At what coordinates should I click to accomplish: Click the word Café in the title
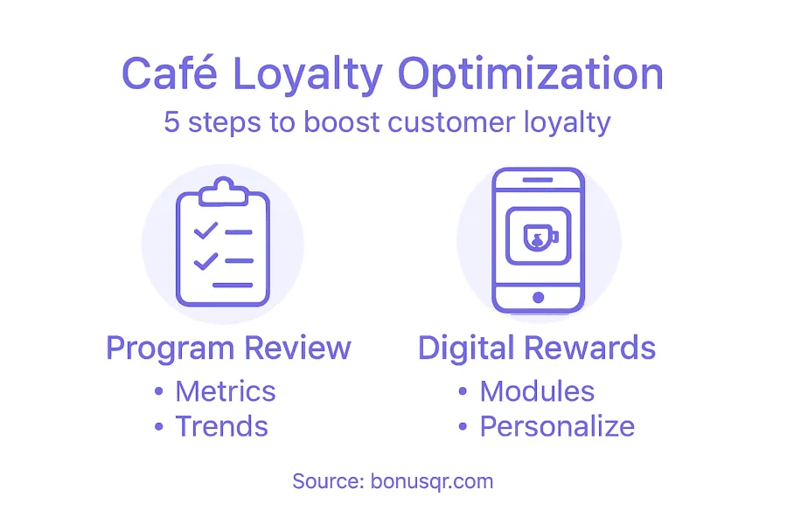click(x=169, y=72)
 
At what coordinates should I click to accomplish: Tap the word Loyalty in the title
click(x=308, y=76)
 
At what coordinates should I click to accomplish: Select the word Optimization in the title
click(x=531, y=76)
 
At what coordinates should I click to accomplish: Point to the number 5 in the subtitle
click(x=171, y=122)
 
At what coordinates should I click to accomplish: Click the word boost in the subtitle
click(x=341, y=122)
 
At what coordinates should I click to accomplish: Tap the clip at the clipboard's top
click(x=223, y=191)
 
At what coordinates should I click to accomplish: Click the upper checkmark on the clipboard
click(x=205, y=231)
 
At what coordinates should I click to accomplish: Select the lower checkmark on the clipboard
click(x=205, y=261)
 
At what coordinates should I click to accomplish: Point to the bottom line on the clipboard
click(x=233, y=286)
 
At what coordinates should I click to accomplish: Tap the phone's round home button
click(x=538, y=298)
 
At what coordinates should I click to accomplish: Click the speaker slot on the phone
click(x=538, y=180)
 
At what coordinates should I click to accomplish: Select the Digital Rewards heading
click(x=537, y=348)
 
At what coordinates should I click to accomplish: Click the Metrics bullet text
click(x=226, y=391)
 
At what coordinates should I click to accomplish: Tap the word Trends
click(x=222, y=426)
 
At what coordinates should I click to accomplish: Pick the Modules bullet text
click(x=537, y=391)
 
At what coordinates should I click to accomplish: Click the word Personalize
click(x=557, y=427)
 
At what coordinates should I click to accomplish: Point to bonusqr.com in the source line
click(x=432, y=482)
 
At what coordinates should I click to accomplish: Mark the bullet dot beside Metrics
click(x=158, y=391)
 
